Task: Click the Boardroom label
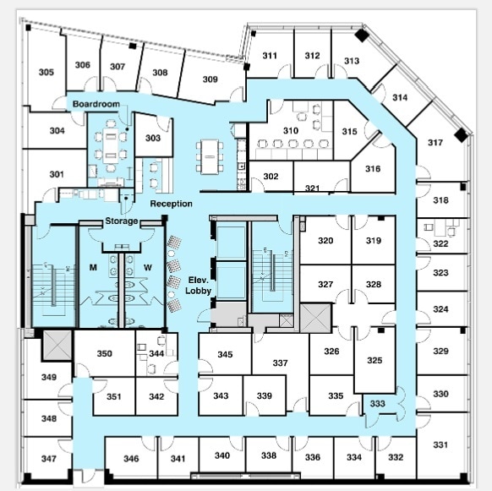96,103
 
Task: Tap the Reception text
172,204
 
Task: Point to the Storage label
121,221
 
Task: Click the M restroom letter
94,268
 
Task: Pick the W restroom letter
147,268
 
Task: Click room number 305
46,72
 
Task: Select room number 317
435,142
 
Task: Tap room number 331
441,445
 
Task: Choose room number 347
49,459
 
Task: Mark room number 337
280,363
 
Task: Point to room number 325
374,360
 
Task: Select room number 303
153,138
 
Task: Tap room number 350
104,353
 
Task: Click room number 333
377,404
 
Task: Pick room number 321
313,188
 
